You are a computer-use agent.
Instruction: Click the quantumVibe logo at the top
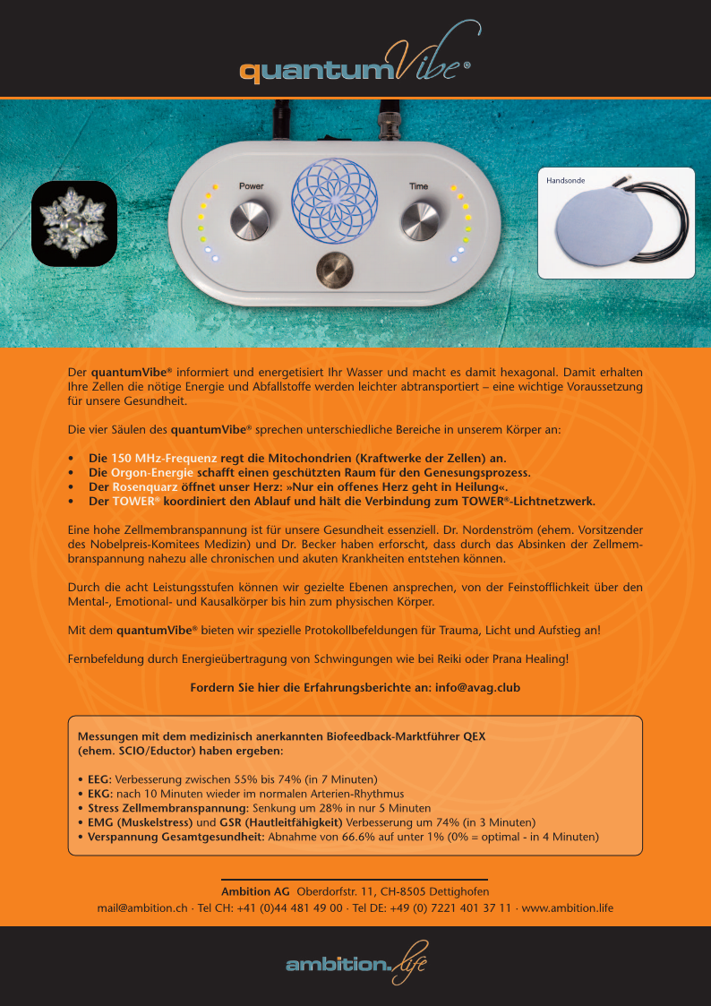pyautogui.click(x=355, y=66)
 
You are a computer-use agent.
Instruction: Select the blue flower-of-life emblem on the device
pyautogui.click(x=334, y=202)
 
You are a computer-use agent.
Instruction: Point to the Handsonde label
pyautogui.click(x=565, y=180)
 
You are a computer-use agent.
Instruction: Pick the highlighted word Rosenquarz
pyautogui.click(x=145, y=486)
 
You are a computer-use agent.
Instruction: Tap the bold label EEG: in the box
pyautogui.click(x=99, y=778)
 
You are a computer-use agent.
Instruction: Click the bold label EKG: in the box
pyautogui.click(x=99, y=794)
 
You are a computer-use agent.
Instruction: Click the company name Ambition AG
pyautogui.click(x=255, y=891)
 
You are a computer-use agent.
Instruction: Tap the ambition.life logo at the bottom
pyautogui.click(x=355, y=962)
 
